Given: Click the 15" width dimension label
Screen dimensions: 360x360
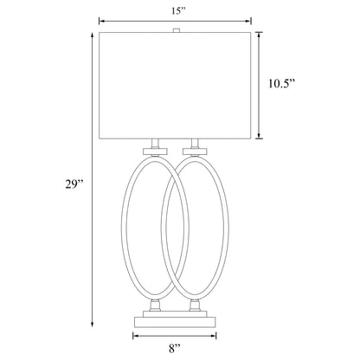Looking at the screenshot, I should [176, 11].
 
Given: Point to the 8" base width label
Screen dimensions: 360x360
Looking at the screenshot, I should [177, 348].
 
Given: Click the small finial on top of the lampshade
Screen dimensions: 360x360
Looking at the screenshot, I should [177, 30].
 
